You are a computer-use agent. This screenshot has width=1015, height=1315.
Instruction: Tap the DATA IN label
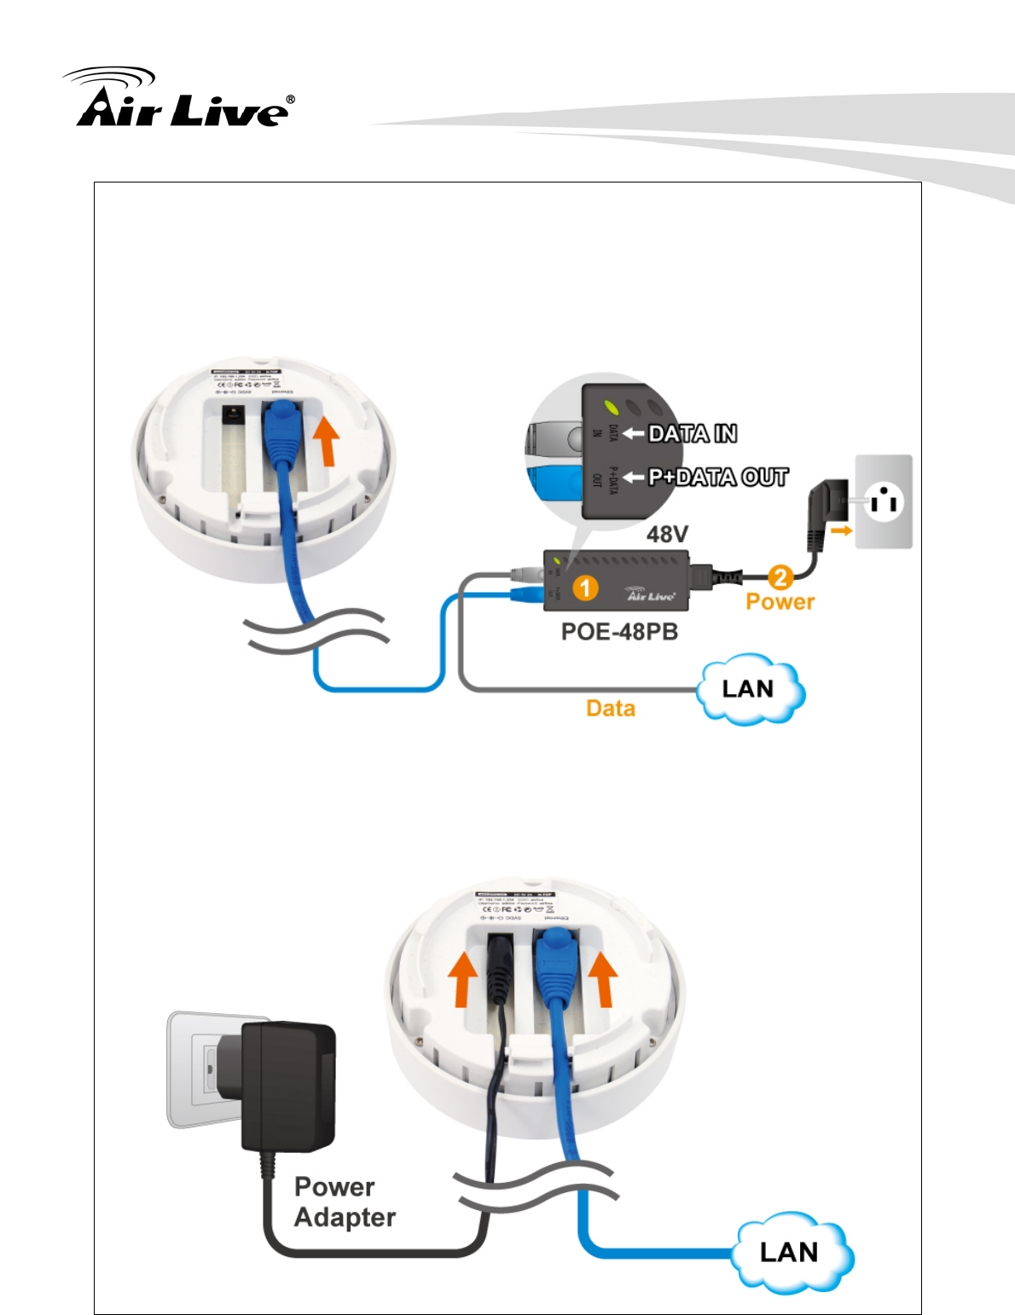click(692, 434)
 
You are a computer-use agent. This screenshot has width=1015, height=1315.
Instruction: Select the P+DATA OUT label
click(717, 477)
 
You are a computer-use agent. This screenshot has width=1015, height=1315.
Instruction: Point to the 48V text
click(667, 535)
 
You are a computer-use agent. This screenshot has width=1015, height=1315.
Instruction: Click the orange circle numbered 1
click(585, 588)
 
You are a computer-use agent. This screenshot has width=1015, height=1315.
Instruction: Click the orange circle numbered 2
click(780, 577)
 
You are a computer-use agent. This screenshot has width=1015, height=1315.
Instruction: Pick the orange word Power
click(780, 602)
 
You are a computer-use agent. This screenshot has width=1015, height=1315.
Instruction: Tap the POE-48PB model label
click(619, 632)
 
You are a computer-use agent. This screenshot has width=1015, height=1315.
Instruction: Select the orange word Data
click(611, 708)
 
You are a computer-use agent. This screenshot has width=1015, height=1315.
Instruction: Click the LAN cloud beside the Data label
click(749, 689)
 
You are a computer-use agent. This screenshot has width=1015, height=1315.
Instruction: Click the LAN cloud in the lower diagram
click(790, 1251)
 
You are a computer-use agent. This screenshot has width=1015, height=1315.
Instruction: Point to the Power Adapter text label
click(345, 1202)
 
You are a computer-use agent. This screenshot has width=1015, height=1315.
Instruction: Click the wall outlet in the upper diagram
click(884, 501)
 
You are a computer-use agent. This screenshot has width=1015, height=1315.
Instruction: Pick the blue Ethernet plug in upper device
click(282, 431)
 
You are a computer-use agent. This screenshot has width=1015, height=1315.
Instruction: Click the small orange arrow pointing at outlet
click(841, 530)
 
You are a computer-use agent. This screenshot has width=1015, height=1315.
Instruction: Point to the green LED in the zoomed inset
click(608, 407)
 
